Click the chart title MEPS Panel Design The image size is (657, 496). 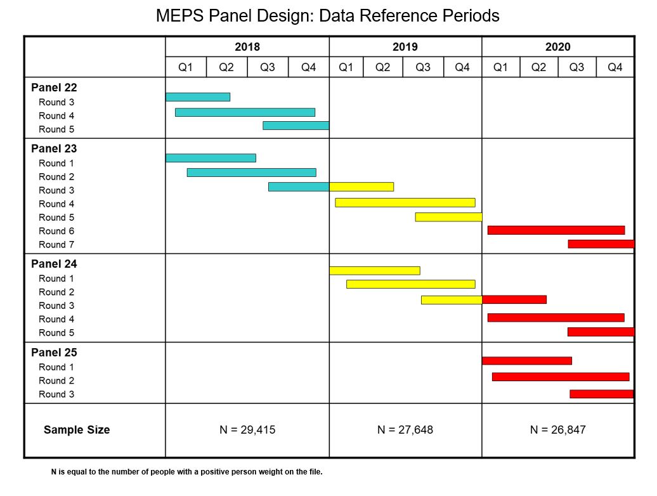[x=328, y=16]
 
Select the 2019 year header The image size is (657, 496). [x=405, y=47]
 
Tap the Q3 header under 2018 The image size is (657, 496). [x=268, y=67]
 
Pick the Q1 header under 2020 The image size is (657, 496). [x=500, y=67]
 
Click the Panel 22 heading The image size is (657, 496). [x=54, y=88]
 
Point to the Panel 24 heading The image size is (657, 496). [x=54, y=264]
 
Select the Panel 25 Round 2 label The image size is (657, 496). [x=56, y=381]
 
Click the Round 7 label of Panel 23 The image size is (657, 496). [x=56, y=245]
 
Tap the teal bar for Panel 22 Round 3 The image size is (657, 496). [x=198, y=97]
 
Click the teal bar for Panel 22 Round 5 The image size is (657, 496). [x=296, y=126]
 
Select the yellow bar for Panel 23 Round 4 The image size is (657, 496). [x=405, y=203]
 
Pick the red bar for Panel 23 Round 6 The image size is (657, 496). [x=556, y=230]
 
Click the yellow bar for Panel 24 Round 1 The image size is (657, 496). [x=375, y=271]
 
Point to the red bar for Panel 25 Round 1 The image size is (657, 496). [x=527, y=361]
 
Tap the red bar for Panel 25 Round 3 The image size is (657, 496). [x=601, y=394]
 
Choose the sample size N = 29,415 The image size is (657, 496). [x=247, y=430]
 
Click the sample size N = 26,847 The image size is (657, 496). [x=558, y=430]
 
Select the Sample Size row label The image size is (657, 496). [x=77, y=430]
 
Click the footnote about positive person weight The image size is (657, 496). [x=187, y=472]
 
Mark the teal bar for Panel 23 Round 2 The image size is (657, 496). [x=252, y=173]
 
